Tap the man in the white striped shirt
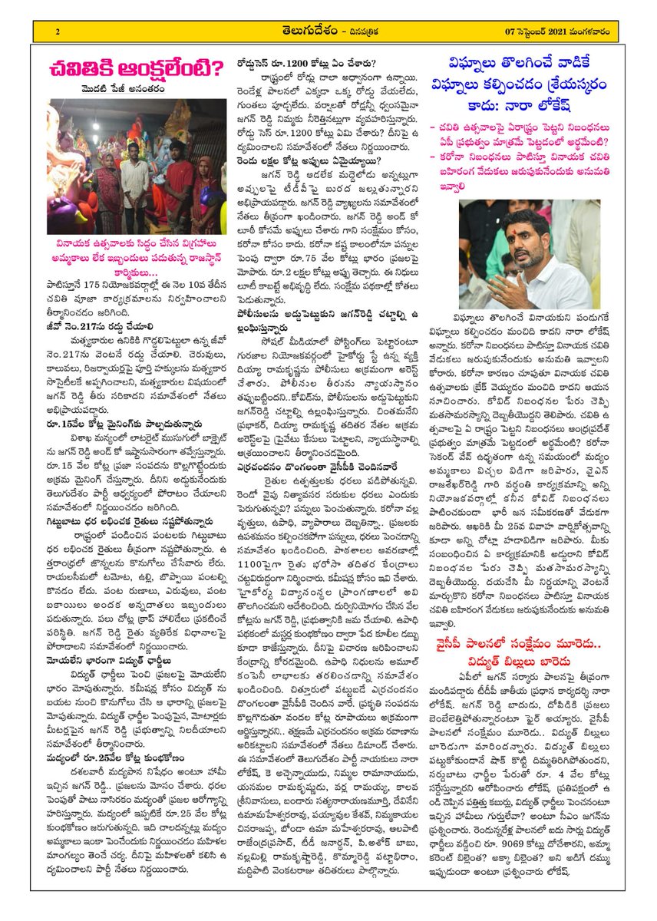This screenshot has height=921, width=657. tap(135, 184)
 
